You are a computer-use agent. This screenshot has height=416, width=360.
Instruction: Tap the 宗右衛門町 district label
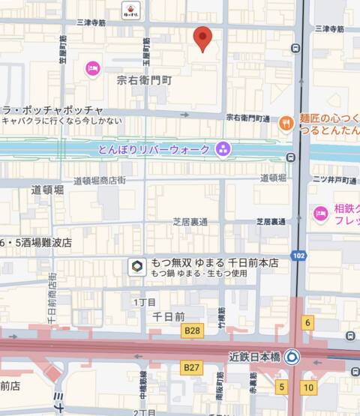click(x=145, y=79)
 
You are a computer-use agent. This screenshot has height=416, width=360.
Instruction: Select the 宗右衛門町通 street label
click(x=247, y=118)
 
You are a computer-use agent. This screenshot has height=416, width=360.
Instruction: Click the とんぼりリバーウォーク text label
click(x=154, y=150)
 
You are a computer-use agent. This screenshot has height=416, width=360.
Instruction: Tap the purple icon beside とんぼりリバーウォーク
click(x=223, y=149)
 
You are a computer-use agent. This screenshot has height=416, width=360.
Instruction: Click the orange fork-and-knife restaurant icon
click(x=286, y=123)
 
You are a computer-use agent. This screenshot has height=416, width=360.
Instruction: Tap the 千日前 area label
click(x=168, y=317)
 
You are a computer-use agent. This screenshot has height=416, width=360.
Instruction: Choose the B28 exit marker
click(x=193, y=331)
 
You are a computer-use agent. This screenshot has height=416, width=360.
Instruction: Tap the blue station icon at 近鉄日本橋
click(x=292, y=358)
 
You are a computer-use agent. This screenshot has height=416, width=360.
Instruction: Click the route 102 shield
click(x=298, y=256)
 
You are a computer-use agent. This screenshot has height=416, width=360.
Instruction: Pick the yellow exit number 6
click(x=307, y=322)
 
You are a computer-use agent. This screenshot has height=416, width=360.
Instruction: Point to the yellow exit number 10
click(x=308, y=387)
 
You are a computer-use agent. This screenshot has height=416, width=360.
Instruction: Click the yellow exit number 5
click(x=281, y=387)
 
